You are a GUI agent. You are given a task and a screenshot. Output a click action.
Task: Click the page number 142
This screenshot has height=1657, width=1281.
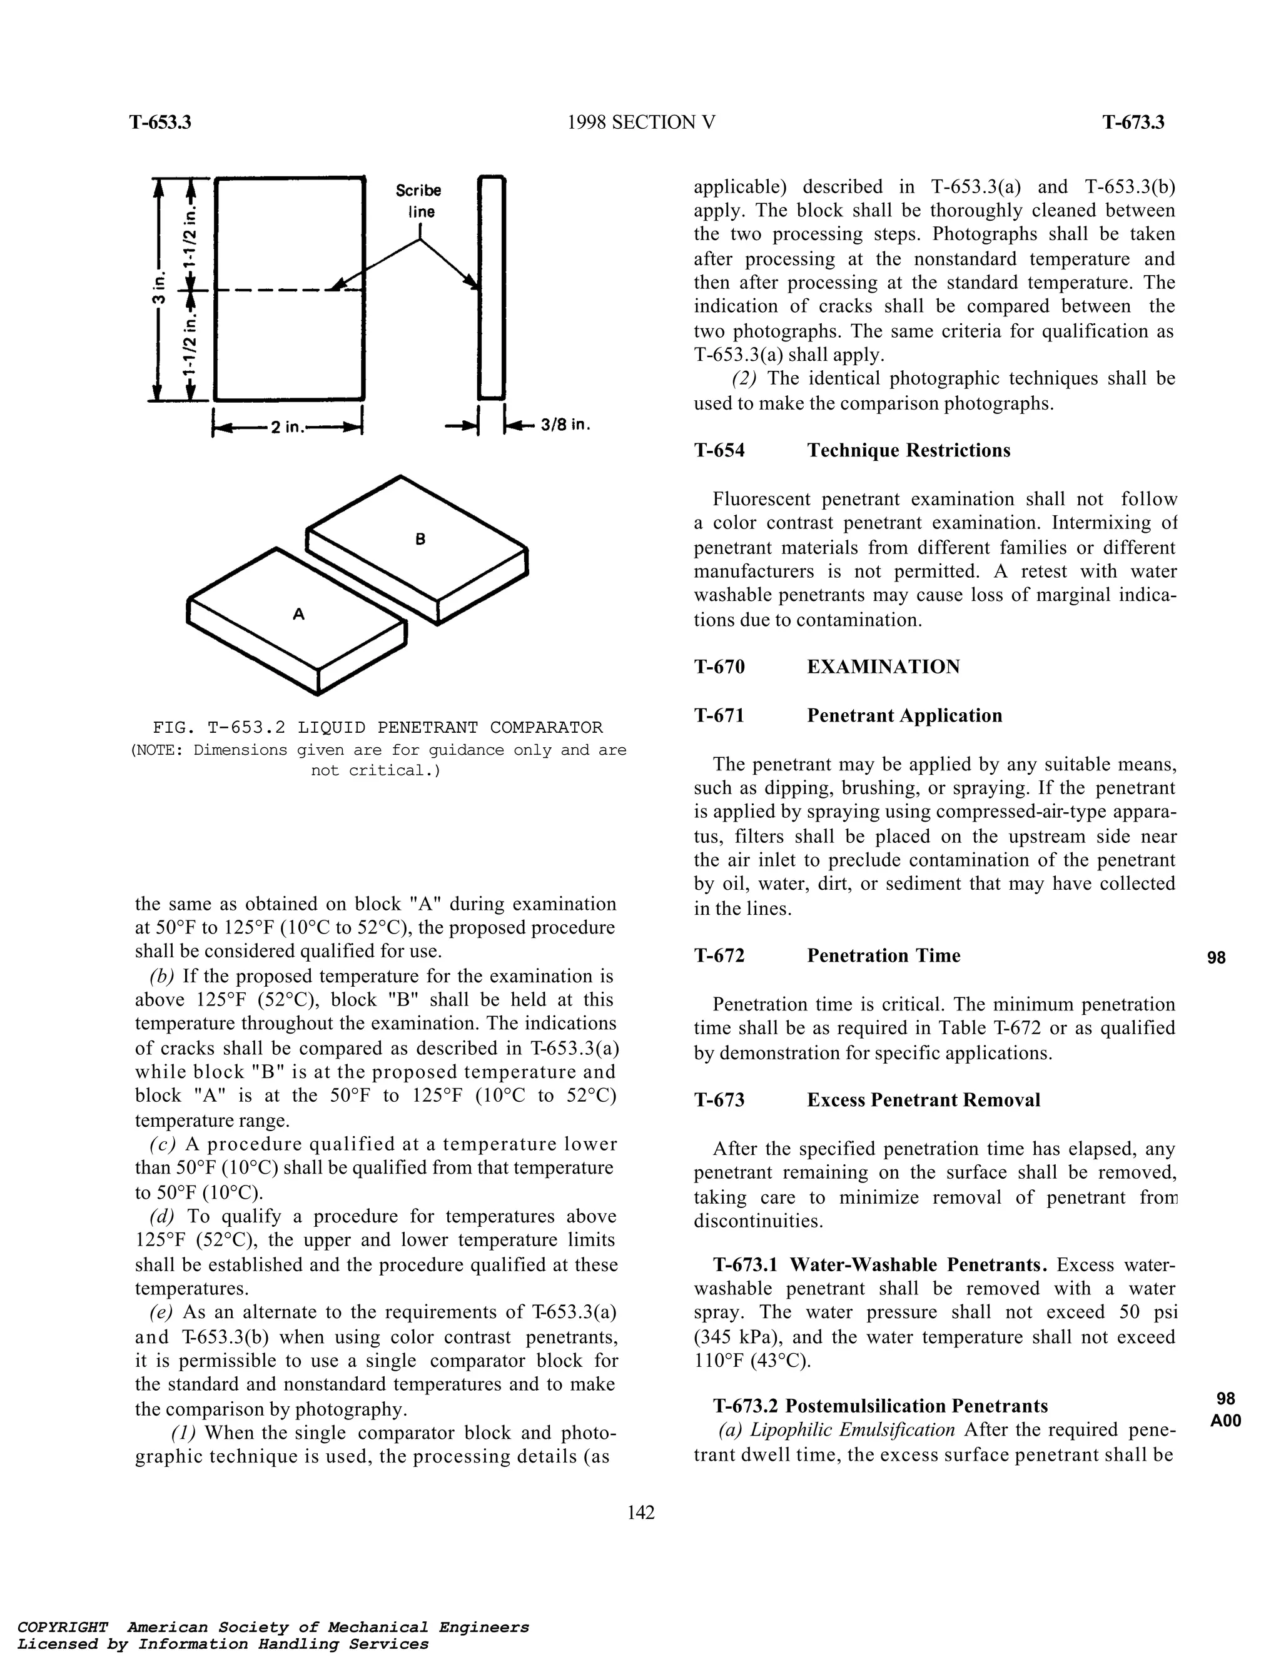[x=640, y=1513]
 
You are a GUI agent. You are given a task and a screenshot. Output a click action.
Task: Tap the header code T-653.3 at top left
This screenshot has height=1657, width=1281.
[x=160, y=122]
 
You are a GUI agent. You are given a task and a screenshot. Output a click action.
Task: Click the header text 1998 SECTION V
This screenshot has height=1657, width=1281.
[x=641, y=122]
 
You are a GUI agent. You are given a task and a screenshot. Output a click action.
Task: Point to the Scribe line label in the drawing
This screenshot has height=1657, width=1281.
[x=418, y=200]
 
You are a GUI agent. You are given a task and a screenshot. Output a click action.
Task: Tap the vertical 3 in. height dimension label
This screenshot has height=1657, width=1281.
[x=159, y=289]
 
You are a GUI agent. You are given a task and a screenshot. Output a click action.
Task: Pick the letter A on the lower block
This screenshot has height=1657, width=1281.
[x=299, y=614]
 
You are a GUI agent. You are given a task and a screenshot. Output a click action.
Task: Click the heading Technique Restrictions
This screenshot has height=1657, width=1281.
[x=908, y=451]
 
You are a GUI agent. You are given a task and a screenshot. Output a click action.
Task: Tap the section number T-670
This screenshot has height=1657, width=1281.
[x=719, y=667]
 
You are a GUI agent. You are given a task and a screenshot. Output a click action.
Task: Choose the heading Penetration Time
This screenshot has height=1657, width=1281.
[x=883, y=956]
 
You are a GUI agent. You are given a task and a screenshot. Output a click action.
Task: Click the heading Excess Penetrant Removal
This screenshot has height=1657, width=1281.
[x=924, y=1100]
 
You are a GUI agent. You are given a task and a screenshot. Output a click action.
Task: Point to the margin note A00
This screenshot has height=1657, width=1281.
[x=1225, y=1422]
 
